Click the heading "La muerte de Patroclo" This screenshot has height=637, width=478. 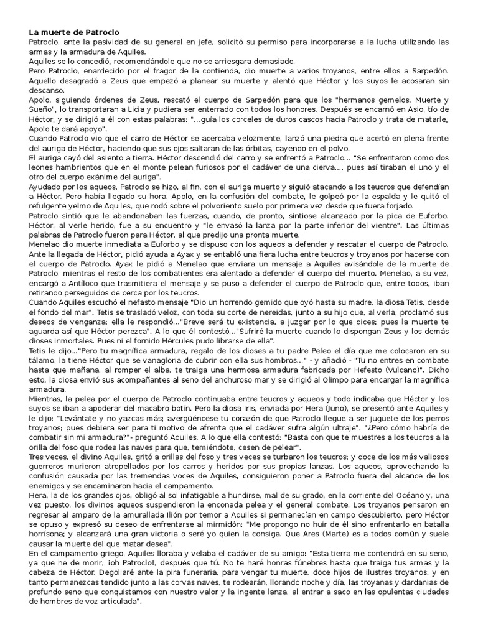[74, 32]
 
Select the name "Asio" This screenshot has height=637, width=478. [402, 109]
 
